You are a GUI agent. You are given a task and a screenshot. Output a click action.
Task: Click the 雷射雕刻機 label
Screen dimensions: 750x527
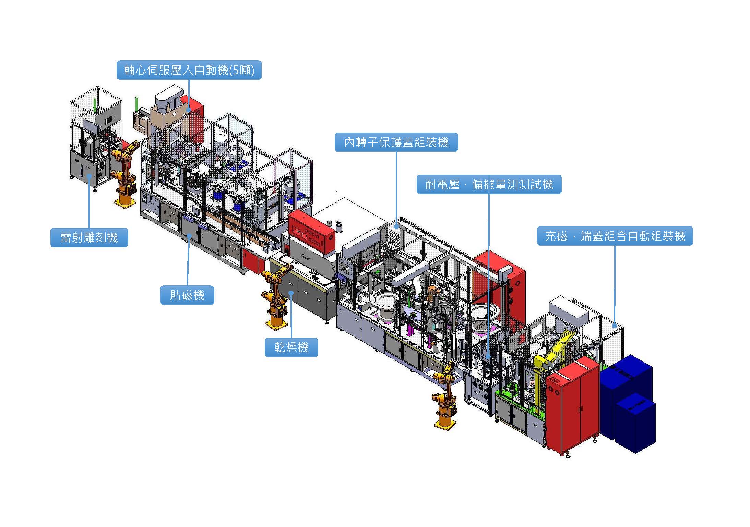click(x=89, y=237)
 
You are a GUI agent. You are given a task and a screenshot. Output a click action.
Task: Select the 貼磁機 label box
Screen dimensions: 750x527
click(x=187, y=295)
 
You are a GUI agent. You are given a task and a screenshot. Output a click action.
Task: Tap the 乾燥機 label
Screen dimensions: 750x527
click(x=291, y=347)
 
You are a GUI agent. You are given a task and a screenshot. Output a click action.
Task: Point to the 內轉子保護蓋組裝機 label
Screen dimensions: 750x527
click(x=396, y=142)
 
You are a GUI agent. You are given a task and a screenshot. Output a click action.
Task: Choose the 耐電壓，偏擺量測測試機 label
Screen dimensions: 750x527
click(x=489, y=185)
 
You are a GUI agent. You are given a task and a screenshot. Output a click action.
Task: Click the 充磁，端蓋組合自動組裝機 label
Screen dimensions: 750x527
click(x=615, y=236)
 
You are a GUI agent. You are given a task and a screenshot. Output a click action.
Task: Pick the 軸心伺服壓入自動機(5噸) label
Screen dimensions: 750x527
click(x=189, y=70)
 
